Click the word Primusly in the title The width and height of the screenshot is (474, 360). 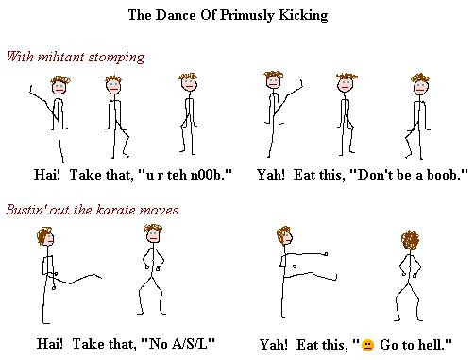pos(246,16)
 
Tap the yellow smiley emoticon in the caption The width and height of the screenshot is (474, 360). pos(367,346)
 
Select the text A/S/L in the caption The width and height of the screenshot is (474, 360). pos(190,343)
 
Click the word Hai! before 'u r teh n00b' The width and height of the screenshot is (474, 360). pos(46,174)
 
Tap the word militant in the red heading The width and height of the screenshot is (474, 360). pos(60,57)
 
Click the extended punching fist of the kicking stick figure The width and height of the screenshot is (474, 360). pos(326,254)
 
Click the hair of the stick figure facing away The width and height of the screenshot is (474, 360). pos(410,241)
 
